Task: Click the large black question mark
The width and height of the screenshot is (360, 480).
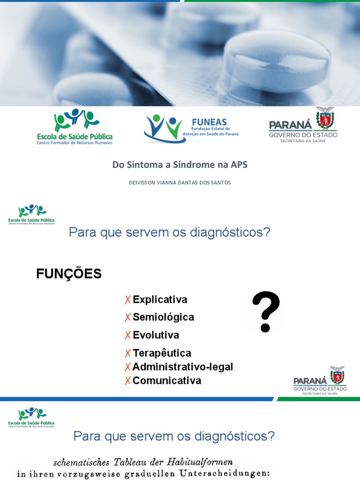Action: [266, 311]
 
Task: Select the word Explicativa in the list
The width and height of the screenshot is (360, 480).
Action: [160, 300]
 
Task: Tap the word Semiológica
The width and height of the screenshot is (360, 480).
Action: [163, 317]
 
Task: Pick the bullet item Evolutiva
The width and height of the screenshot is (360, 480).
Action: [156, 335]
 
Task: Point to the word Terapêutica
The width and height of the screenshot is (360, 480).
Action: [162, 353]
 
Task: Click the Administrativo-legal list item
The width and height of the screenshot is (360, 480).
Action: [182, 367]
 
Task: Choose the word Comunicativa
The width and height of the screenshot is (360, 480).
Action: [166, 381]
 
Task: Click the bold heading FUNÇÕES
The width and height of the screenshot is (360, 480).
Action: [69, 274]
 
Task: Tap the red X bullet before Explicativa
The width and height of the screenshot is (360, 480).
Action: [127, 300]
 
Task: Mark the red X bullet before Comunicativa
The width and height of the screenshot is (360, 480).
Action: [127, 381]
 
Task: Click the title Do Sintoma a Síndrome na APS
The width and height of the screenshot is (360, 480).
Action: [180, 165]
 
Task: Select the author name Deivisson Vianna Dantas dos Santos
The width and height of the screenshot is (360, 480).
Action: [180, 183]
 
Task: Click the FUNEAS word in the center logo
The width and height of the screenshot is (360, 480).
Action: [210, 122]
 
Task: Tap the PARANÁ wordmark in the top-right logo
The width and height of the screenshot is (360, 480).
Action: [290, 125]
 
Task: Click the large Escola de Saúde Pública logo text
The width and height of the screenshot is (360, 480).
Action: [75, 136]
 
